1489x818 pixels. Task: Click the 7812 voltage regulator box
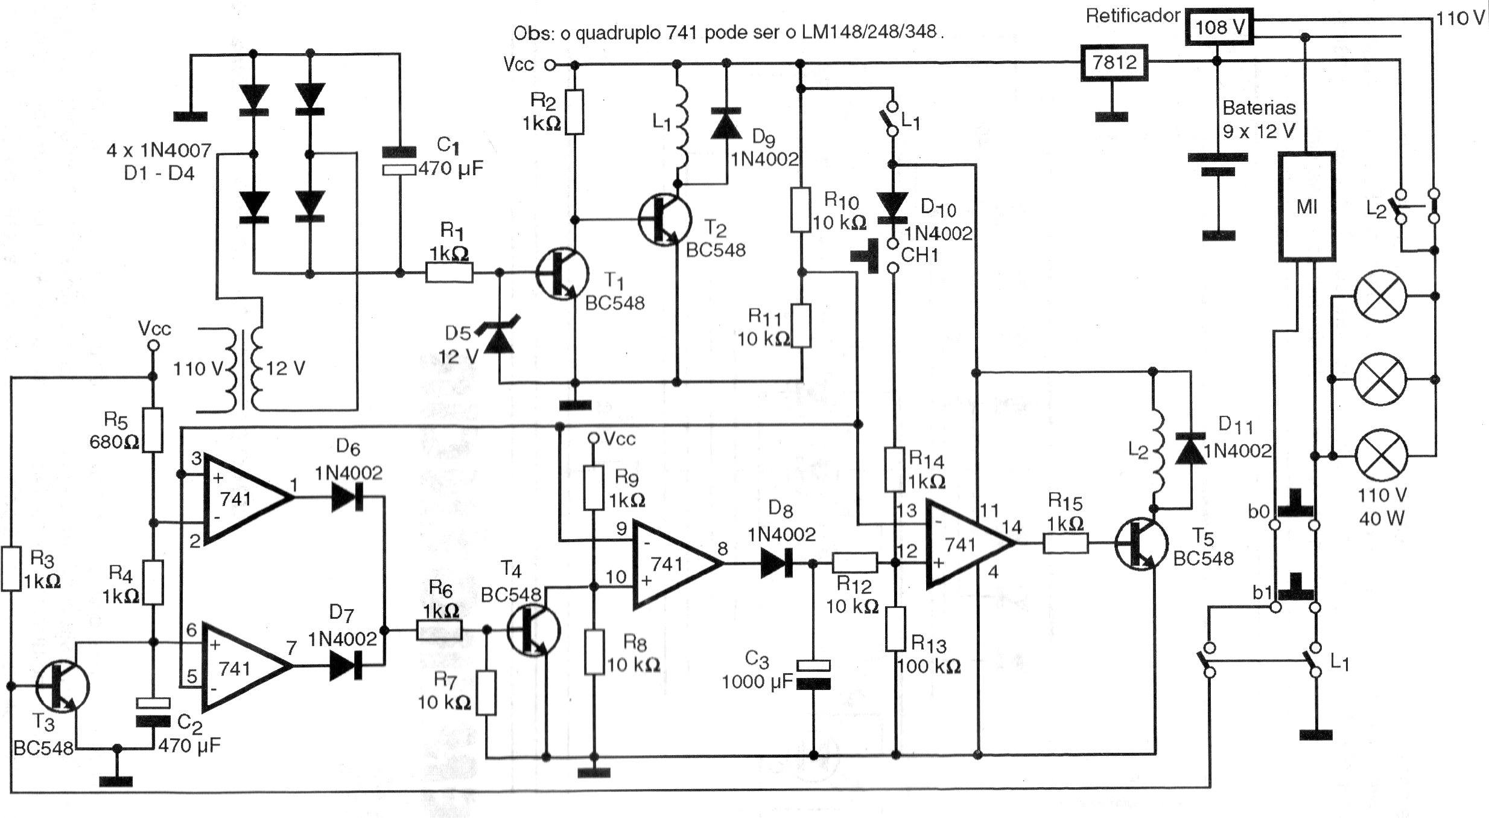click(x=1114, y=63)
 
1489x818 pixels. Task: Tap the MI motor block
click(x=1306, y=206)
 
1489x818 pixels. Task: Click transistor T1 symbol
click(x=561, y=273)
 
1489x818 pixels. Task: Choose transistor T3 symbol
click(x=62, y=686)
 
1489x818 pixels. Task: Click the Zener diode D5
click(x=500, y=340)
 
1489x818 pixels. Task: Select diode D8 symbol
click(x=776, y=564)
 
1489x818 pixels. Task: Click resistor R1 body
click(x=449, y=273)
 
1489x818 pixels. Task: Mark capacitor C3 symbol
click(x=813, y=675)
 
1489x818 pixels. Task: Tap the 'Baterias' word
click(x=1259, y=108)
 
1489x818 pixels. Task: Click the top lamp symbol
click(x=1380, y=296)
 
